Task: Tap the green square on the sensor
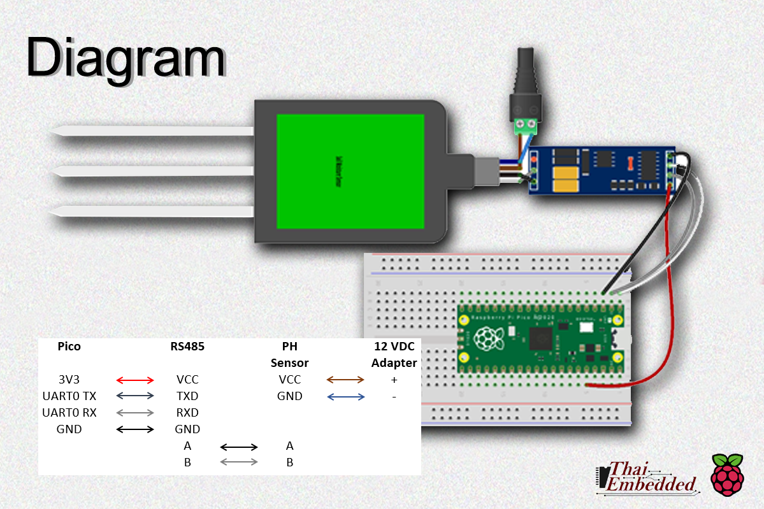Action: coord(350,171)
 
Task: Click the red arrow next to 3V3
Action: coord(136,380)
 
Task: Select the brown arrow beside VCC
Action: coord(345,380)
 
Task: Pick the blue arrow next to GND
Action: coord(345,397)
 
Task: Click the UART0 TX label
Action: coord(69,396)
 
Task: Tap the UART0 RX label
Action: coord(69,413)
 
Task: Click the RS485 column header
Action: coord(187,347)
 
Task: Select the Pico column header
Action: coord(69,347)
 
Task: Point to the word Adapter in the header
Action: coord(394,363)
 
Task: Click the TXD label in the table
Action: coord(187,396)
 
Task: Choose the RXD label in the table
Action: coord(187,413)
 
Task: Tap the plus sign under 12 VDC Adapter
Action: coord(394,380)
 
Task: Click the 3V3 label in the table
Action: coord(69,380)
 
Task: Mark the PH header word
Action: coord(289,347)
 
